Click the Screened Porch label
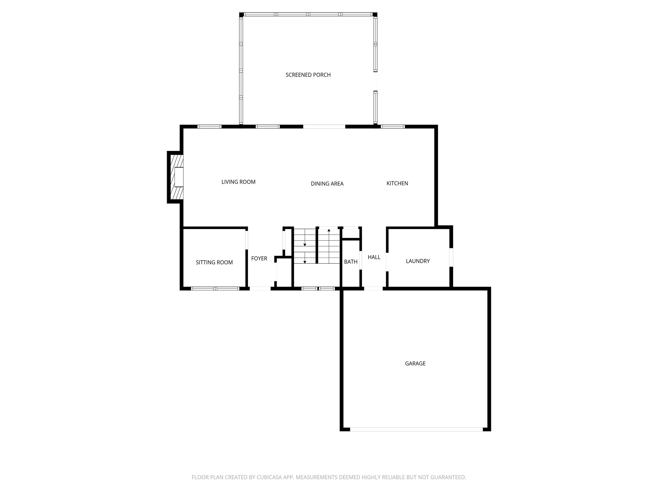(308, 75)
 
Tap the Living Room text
(238, 182)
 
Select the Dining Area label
(327, 184)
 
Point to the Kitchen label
(397, 183)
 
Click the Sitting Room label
(214, 262)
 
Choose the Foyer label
(259, 259)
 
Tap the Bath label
(351, 262)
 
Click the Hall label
(374, 257)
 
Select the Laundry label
(418, 261)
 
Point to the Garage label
(415, 363)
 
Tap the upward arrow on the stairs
(329, 231)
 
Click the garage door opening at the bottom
(416, 429)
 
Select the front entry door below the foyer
(260, 288)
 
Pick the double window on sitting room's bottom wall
(215, 288)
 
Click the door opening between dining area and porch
(324, 127)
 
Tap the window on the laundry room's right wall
(451, 257)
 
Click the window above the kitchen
(393, 127)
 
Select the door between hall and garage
(373, 288)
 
